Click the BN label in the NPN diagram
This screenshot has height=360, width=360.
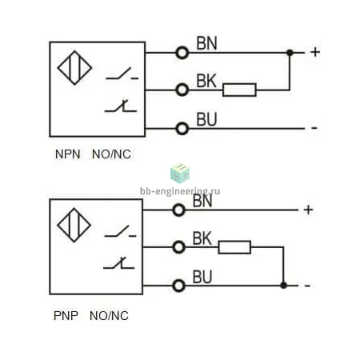(x=206, y=43)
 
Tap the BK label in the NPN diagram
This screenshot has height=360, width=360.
(x=206, y=81)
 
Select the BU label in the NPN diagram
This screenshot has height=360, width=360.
(x=206, y=119)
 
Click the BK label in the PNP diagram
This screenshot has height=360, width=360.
(x=202, y=238)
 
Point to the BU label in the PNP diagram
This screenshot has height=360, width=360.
(x=202, y=277)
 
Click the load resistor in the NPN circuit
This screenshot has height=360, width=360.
(x=239, y=90)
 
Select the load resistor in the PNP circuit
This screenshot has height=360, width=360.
(x=234, y=247)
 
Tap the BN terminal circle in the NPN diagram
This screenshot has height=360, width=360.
(x=182, y=53)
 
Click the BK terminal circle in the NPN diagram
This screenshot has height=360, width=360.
(x=182, y=90)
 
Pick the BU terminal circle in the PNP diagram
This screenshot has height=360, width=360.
(x=178, y=286)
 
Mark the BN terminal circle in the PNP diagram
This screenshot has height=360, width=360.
(x=178, y=210)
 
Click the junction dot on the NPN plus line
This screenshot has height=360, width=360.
(x=290, y=53)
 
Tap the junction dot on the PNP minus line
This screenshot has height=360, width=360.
(x=283, y=286)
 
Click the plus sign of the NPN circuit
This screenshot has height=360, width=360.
(x=315, y=52)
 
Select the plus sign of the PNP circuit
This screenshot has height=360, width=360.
(x=308, y=210)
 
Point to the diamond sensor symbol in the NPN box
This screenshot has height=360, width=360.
(x=74, y=68)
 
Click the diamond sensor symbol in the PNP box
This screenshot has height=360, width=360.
(x=74, y=225)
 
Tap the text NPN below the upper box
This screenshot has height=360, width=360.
(x=67, y=154)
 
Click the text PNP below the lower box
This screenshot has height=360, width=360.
(x=66, y=316)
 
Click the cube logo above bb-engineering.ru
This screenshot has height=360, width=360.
(x=180, y=174)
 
